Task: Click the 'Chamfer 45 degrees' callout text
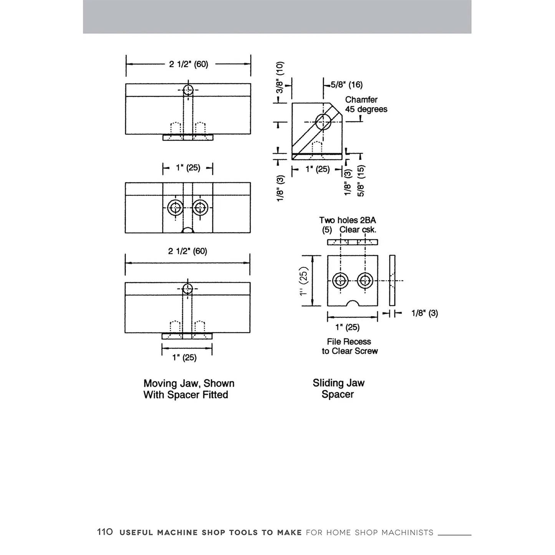point(366,104)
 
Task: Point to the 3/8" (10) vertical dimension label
point(280,77)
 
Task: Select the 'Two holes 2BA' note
point(348,220)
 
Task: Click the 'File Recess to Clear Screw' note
point(350,346)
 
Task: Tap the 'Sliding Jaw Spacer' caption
point(338,389)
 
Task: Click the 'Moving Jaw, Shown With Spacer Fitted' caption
point(189,389)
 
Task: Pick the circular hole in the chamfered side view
point(323,122)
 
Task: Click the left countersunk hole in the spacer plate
point(340,280)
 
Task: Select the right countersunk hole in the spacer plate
point(365,280)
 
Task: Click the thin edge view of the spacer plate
point(392,280)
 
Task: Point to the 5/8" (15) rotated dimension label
point(361,181)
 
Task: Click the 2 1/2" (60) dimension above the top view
point(189,64)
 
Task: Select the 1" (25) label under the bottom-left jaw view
point(184,358)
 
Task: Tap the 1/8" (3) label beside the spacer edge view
point(425,313)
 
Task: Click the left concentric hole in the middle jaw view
point(175,207)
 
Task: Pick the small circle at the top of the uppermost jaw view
point(188,90)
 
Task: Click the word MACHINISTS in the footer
point(407,532)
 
